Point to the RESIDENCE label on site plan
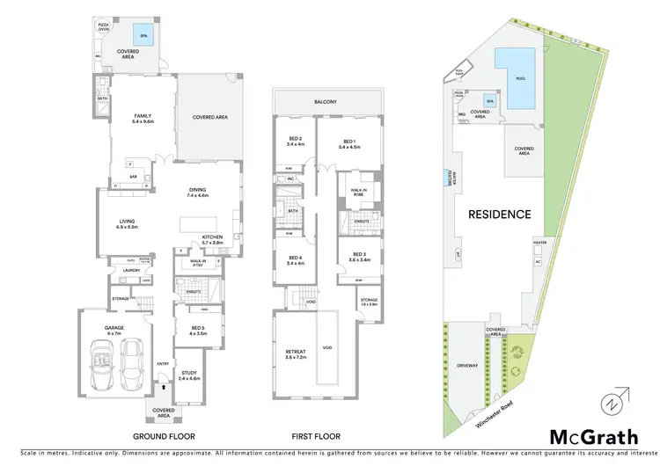499,214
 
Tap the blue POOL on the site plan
524,76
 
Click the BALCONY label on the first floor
326,102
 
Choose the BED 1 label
348,144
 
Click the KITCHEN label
214,237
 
